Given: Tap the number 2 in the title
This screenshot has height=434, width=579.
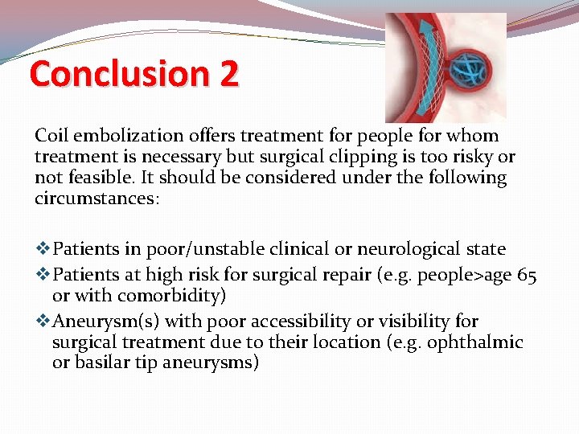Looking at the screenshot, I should tap(228, 74).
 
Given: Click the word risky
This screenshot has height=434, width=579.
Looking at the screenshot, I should tap(472, 157).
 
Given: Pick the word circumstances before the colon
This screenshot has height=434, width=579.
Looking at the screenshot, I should tap(95, 199).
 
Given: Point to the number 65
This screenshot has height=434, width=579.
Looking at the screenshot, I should tap(527, 276).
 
